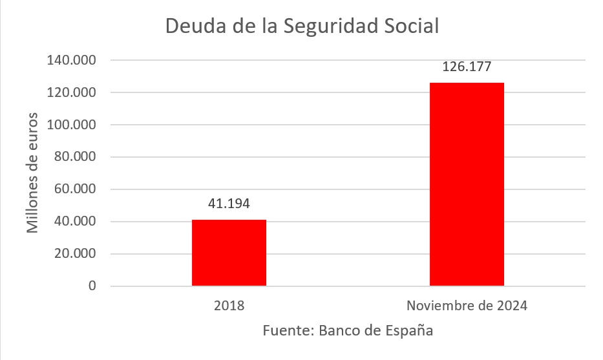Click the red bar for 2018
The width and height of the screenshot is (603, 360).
pos(229,253)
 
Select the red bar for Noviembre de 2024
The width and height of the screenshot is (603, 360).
pos(467,184)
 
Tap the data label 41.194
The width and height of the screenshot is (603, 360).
pos(229,204)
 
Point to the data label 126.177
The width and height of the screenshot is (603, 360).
pos(467,67)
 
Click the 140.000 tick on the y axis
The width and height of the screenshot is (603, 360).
pos(72,60)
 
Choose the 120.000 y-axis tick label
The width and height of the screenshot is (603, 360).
pos(72,92)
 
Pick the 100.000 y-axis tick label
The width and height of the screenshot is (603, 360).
pos(72,125)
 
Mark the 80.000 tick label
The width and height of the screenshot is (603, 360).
pos(75,157)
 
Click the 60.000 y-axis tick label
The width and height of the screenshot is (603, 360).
pos(75,189)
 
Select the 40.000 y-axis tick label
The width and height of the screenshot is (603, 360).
pos(75,222)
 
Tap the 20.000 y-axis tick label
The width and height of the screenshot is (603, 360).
pos(75,254)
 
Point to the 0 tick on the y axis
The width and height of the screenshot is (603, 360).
pos(92,286)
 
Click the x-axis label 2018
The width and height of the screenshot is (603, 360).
pos(229,306)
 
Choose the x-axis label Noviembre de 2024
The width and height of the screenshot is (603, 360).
pos(467,306)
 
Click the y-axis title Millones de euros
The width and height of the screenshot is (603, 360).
pos(32,173)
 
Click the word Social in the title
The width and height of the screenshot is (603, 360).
pos(411,26)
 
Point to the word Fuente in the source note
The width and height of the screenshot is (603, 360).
pos(288,330)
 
